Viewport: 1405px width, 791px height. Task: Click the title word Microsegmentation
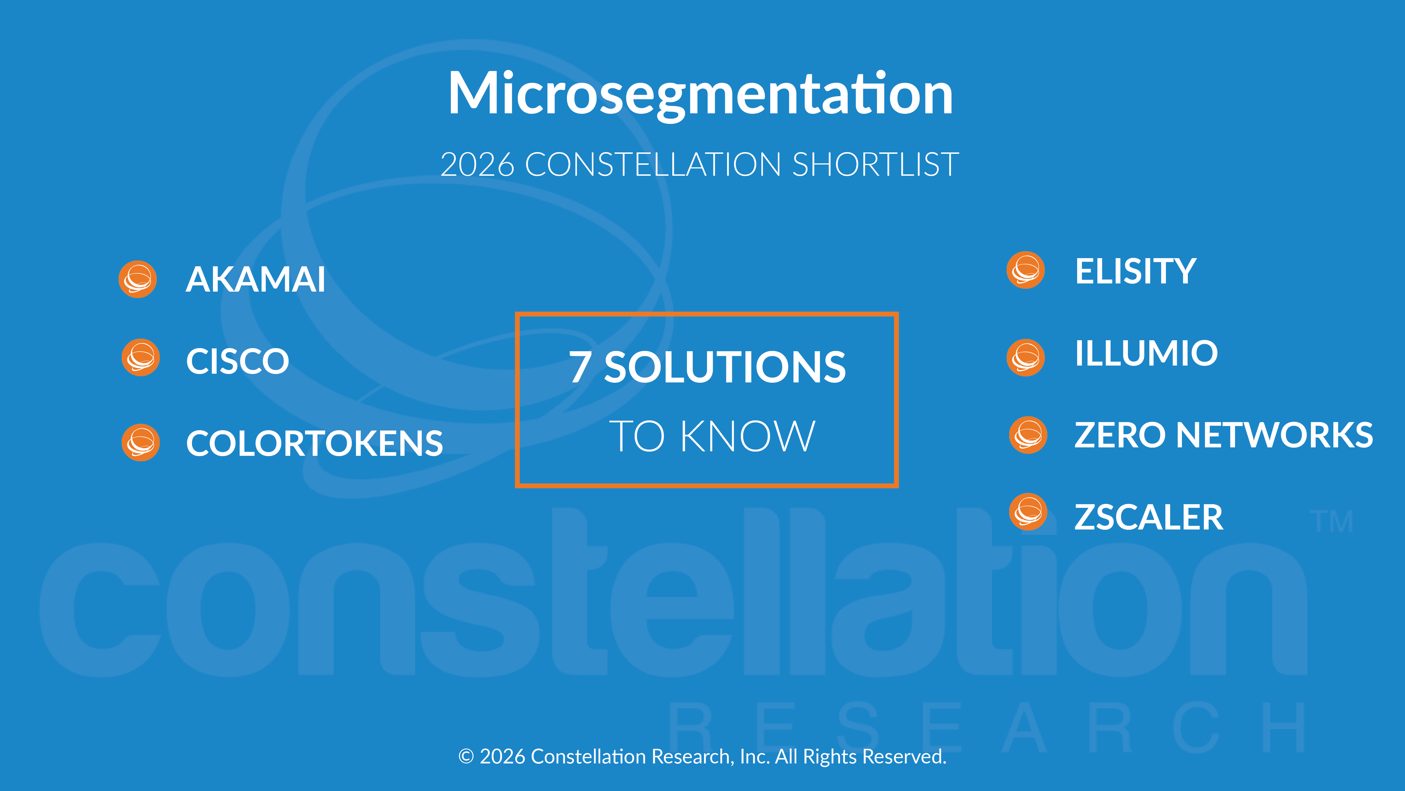[700, 94]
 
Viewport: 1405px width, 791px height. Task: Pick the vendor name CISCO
[237, 361]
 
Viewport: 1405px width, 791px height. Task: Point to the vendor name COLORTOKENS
[314, 443]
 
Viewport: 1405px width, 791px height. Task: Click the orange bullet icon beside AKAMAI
[138, 279]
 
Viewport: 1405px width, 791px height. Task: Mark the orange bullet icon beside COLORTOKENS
[141, 442]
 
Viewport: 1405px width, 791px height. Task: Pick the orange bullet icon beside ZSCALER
[1028, 512]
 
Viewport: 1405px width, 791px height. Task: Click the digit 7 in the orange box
[580, 368]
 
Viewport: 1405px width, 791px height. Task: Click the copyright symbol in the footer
[466, 757]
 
